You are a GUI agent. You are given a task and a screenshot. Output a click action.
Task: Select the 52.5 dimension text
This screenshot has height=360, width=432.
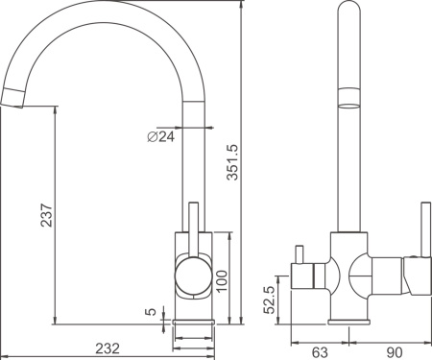(273, 299)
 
